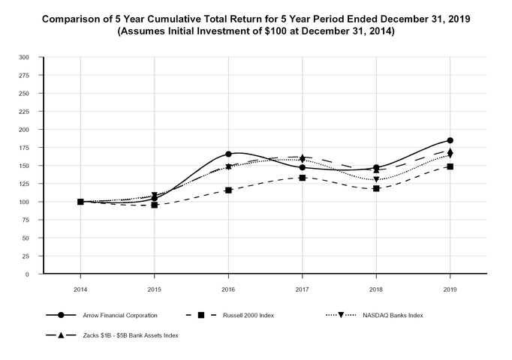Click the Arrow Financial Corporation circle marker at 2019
click(450, 140)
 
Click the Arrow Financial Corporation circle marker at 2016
click(228, 154)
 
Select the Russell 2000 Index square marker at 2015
click(155, 205)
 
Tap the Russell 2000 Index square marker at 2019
click(450, 166)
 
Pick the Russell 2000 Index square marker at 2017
click(302, 178)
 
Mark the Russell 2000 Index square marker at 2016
click(228, 190)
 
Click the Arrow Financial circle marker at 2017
click(302, 167)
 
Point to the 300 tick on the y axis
click(23, 57)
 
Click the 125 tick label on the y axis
click(23, 184)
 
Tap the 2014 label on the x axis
click(80, 288)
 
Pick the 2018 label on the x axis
click(376, 288)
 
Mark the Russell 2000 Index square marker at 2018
click(376, 188)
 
